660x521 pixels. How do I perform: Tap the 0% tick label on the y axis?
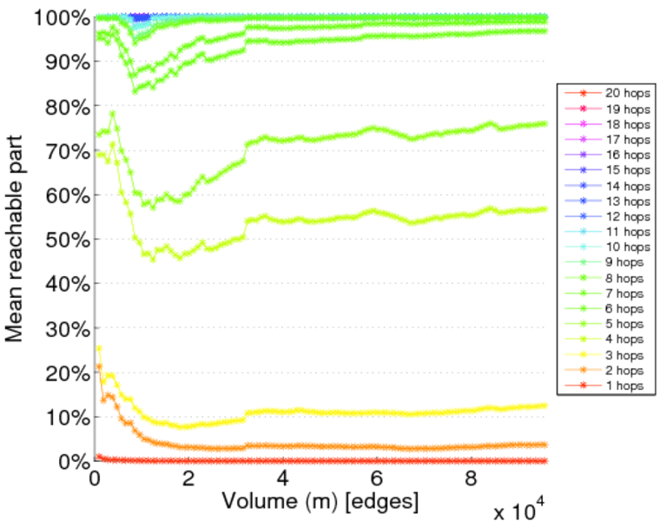[73, 461]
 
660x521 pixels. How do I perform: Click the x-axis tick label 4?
[282, 478]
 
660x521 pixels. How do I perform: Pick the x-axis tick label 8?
[471, 478]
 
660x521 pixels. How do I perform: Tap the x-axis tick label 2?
[188, 478]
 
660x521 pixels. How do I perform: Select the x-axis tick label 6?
[377, 478]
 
